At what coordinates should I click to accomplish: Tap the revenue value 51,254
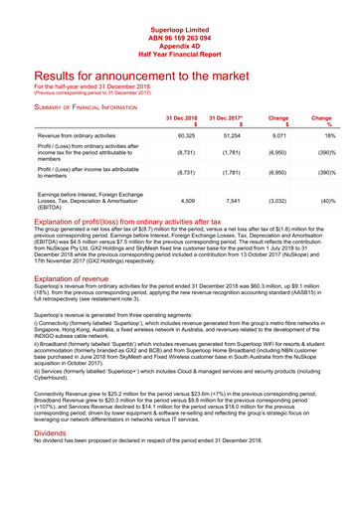233,133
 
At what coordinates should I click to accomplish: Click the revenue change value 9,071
279,133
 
